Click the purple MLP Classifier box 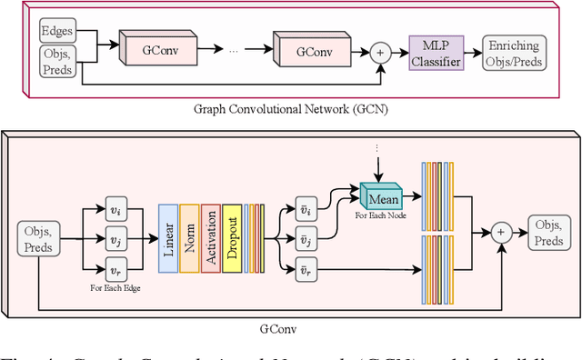click(435, 52)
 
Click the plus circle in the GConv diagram click(500, 233)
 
